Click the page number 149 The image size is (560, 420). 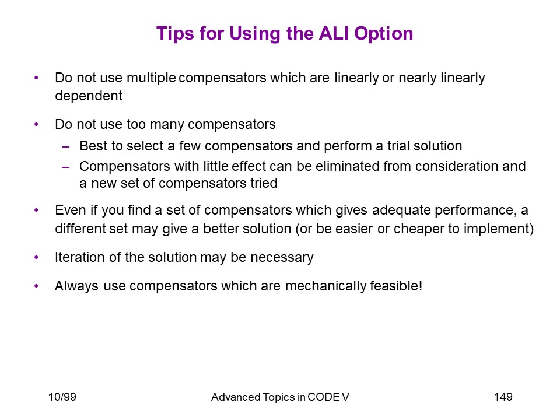click(x=503, y=397)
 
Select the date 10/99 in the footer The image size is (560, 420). click(x=62, y=397)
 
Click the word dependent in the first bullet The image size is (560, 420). click(x=89, y=96)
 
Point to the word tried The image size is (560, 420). click(x=264, y=183)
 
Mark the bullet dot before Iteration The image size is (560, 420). click(x=36, y=257)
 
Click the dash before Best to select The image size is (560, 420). click(x=65, y=146)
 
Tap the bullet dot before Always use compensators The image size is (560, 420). click(x=36, y=286)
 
